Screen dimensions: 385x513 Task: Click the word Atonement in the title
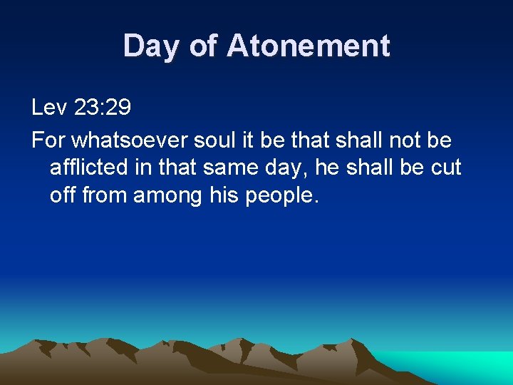click(308, 46)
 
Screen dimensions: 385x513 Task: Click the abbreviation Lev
click(49, 108)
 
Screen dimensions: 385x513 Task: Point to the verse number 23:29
click(102, 108)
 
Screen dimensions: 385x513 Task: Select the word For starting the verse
click(48, 140)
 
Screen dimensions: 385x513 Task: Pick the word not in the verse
click(404, 140)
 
